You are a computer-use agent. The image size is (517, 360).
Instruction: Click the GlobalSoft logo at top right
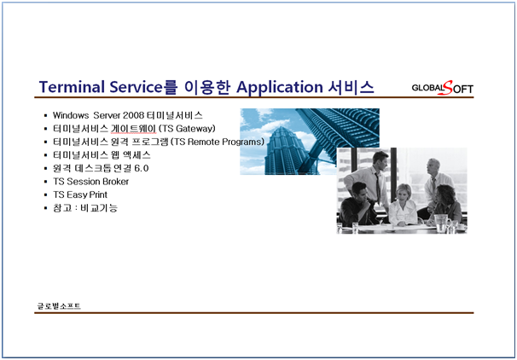[443, 88]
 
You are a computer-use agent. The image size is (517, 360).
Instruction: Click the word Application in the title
[280, 87]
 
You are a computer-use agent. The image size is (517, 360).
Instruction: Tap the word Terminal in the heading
[72, 87]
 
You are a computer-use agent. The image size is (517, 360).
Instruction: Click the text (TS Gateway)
[187, 129]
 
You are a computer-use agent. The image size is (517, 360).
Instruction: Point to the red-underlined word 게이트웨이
[134, 129]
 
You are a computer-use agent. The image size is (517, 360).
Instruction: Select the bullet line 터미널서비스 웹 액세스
[102, 155]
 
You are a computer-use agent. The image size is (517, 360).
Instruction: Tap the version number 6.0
[142, 168]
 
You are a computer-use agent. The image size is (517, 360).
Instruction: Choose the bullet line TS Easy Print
[80, 195]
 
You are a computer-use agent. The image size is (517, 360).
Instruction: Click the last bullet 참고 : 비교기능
[85, 208]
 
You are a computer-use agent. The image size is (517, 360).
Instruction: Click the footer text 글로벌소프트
[59, 306]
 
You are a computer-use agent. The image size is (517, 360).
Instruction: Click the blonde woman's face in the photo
[403, 194]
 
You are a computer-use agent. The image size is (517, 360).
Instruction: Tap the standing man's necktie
[378, 187]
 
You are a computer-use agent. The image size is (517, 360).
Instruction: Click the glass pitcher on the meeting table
[441, 224]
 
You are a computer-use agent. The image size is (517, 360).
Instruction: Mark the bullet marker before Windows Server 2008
[45, 115]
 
